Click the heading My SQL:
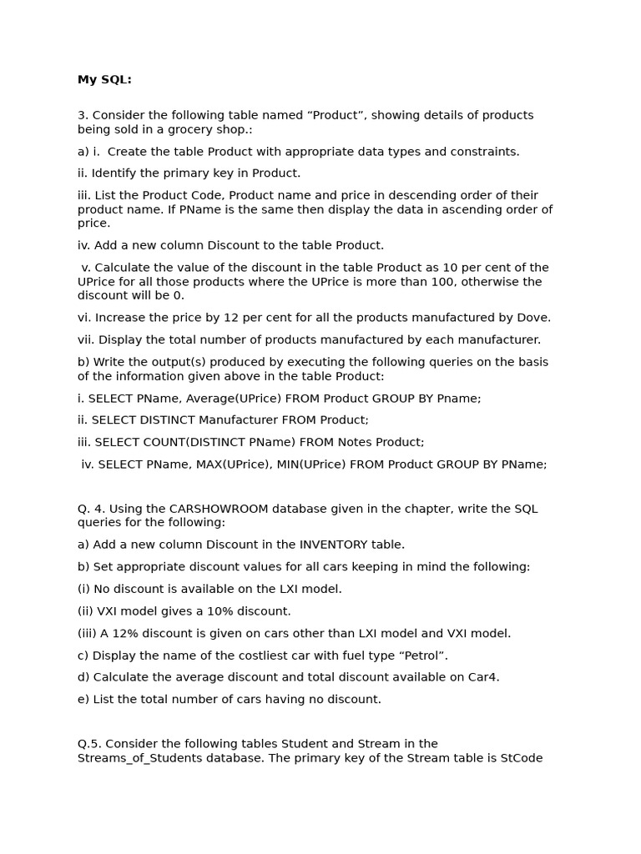[104, 80]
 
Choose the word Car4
[482, 677]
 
